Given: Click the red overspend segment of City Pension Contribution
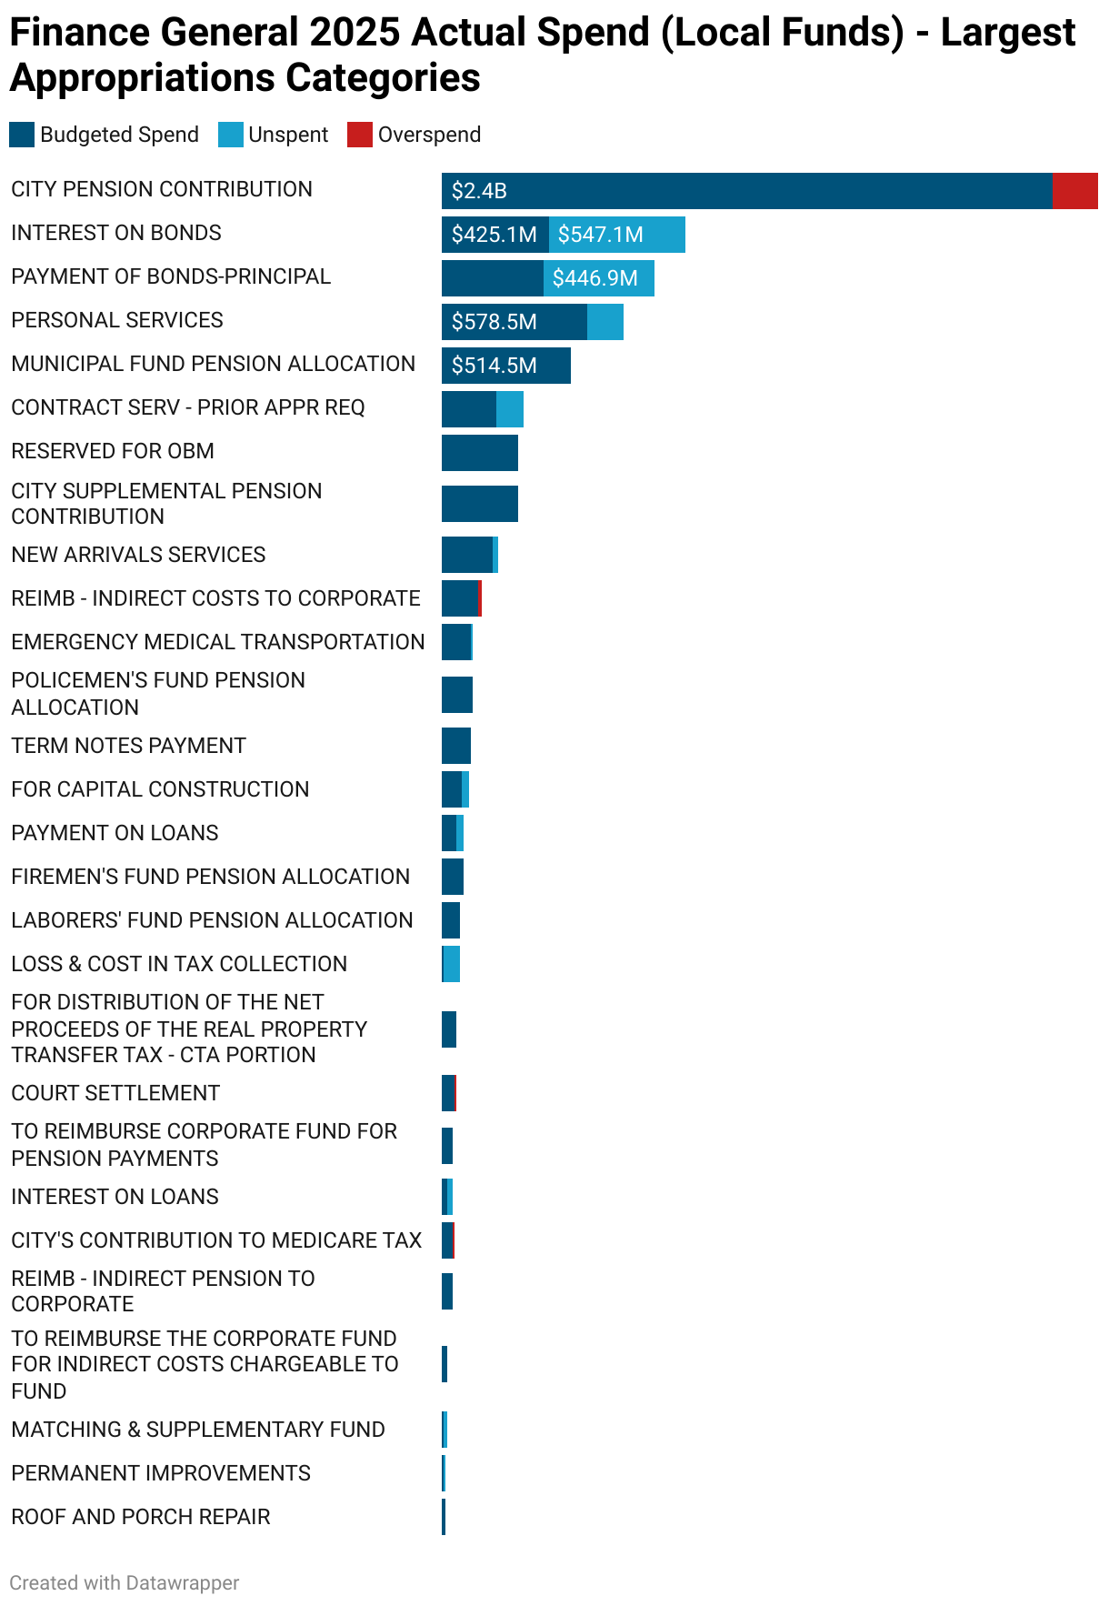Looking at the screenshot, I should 1074,191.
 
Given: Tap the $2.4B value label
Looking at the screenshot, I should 479,191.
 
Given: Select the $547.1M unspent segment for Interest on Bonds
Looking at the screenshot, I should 617,235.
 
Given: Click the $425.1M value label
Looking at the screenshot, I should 494,235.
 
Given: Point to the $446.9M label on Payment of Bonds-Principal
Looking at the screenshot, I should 594,278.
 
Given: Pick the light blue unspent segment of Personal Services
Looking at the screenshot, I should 605,322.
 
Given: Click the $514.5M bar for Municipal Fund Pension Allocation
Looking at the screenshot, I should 505,366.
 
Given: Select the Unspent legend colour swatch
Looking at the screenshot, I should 231,135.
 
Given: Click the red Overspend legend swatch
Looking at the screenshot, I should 360,135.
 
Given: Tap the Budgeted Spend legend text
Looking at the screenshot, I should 119,135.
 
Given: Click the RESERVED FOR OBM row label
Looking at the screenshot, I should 113,451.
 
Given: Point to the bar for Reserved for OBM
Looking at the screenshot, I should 479,453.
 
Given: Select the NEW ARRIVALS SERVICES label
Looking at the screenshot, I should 138,555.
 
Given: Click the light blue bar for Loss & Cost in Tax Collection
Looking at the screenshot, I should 452,964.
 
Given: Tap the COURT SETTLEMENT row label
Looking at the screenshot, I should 115,1093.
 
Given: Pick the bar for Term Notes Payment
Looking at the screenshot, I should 456,746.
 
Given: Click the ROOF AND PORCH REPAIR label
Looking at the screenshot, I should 141,1517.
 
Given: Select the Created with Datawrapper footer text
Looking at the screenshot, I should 125,1583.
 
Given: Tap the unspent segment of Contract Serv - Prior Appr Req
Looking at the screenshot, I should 510,409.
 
